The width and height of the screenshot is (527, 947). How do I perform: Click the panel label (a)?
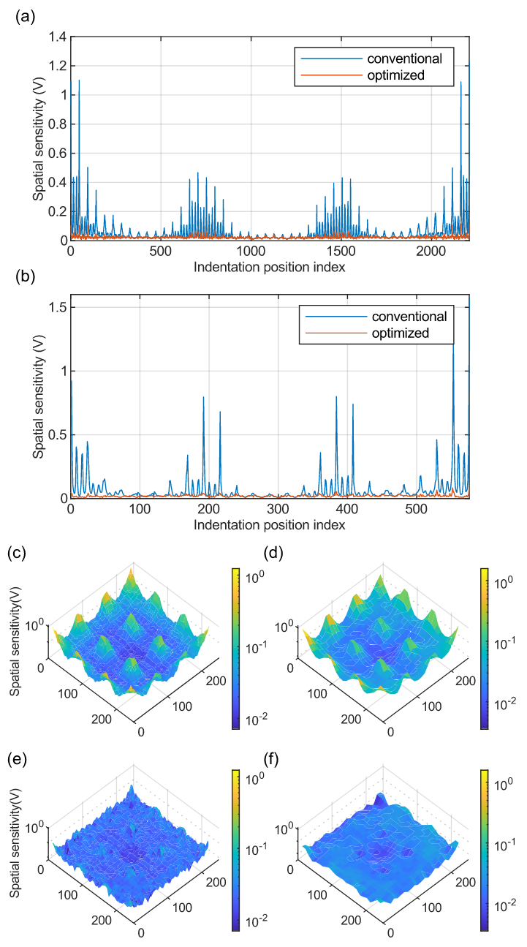click(23, 14)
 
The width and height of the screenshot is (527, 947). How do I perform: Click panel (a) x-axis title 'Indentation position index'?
click(269, 267)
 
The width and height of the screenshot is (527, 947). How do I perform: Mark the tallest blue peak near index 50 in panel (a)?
click(79, 81)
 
